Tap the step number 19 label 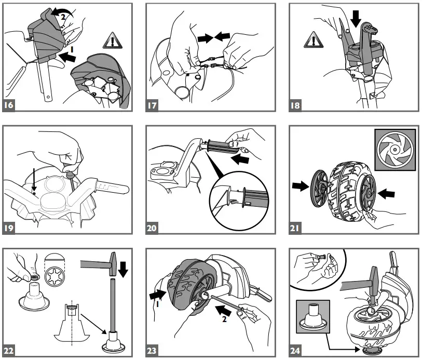(9, 228)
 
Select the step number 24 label (295, 351)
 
